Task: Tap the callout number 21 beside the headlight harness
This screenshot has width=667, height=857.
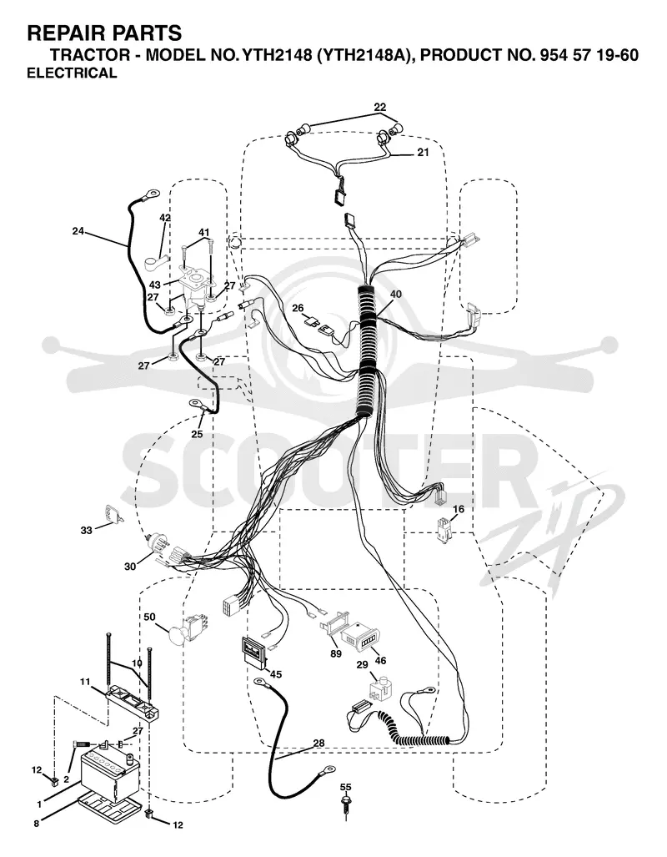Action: coord(423,153)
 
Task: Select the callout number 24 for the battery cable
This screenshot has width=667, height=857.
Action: coord(78,231)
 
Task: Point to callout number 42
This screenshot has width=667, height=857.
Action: coord(165,218)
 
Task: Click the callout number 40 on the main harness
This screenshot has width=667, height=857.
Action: coord(395,294)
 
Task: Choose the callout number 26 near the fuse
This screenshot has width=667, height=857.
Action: coord(298,308)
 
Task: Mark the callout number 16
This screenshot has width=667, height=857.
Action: coord(459,509)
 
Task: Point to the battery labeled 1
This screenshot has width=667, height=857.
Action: coord(113,770)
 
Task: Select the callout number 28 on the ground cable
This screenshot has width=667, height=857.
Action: coord(319,743)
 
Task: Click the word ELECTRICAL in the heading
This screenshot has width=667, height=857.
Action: coord(72,73)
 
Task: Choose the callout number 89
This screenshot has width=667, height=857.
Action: coord(335,653)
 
